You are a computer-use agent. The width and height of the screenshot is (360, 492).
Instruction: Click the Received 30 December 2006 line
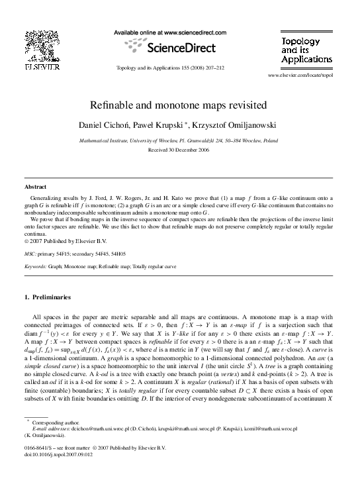(x=180, y=150)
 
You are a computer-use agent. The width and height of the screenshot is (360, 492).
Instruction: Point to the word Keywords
(x=34, y=266)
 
